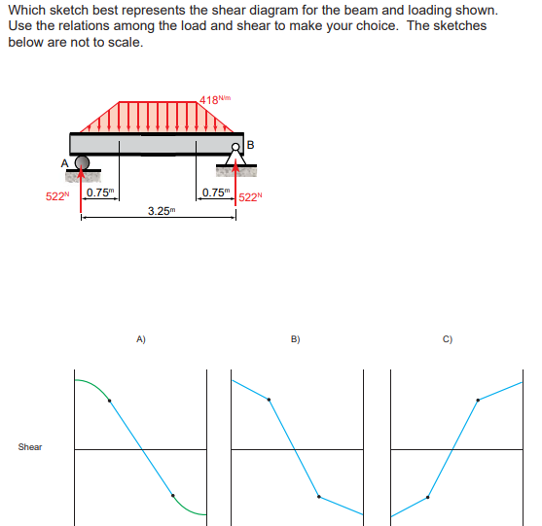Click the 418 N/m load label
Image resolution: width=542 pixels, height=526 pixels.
[215, 98]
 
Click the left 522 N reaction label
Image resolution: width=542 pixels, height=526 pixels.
[58, 196]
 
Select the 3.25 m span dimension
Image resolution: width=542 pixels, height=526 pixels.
[161, 210]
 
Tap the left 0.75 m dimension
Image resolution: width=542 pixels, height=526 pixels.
[98, 192]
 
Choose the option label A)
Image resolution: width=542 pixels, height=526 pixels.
[141, 339]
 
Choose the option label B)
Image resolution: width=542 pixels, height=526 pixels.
[296, 339]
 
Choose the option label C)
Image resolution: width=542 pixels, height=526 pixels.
[448, 339]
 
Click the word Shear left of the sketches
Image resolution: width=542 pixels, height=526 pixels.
[30, 447]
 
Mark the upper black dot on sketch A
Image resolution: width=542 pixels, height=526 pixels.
[109, 400]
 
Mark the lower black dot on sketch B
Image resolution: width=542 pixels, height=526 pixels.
[319, 497]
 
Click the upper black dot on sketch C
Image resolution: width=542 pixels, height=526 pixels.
[477, 400]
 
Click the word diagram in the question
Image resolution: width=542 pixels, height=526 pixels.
[312, 11]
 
